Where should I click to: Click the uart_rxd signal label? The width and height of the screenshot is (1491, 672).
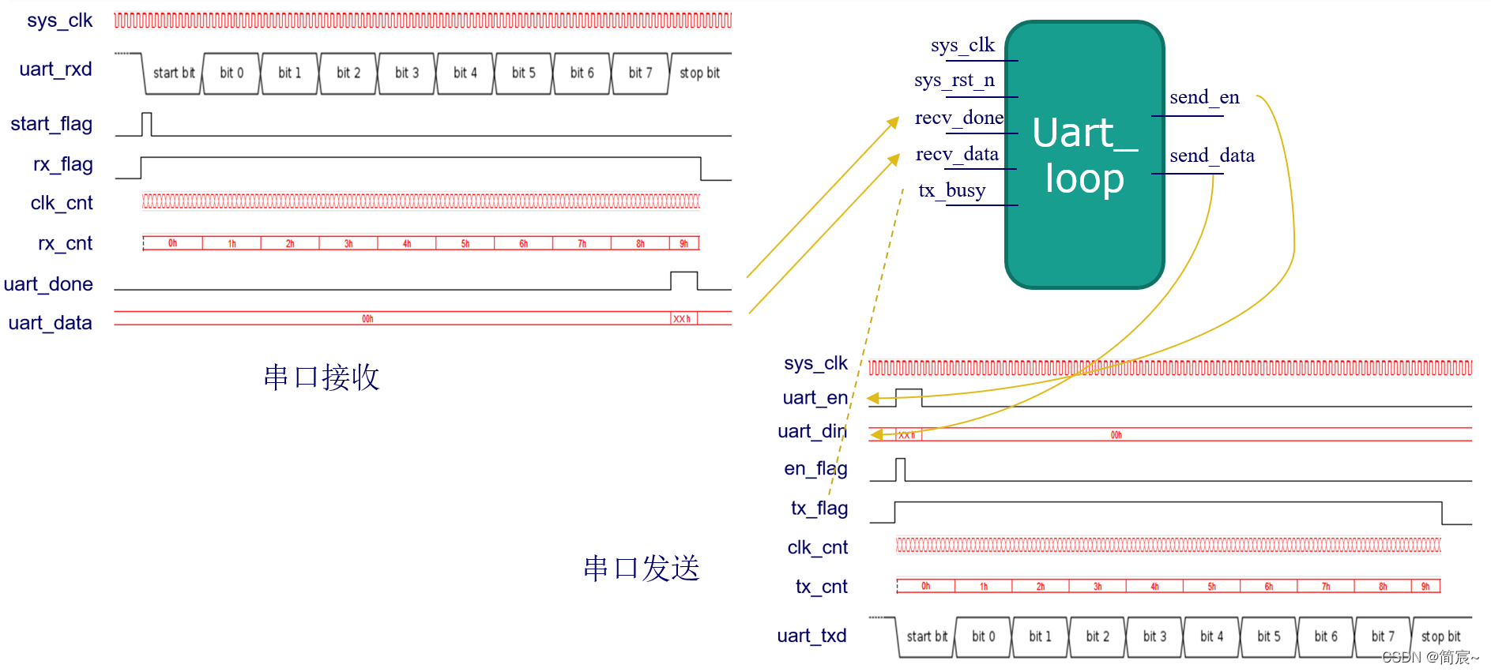pyautogui.click(x=55, y=69)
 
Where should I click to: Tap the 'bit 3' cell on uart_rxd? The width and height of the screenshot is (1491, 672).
pyautogui.click(x=406, y=73)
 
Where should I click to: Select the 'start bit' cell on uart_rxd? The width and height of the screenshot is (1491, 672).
pyautogui.click(x=173, y=73)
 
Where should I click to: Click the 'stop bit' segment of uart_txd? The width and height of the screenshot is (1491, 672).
pyautogui.click(x=1440, y=636)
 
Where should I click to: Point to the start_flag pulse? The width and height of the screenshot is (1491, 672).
pyautogui.click(x=146, y=124)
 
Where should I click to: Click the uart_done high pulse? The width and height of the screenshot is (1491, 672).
pyautogui.click(x=683, y=280)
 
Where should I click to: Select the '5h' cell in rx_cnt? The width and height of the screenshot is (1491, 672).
pyautogui.click(x=465, y=244)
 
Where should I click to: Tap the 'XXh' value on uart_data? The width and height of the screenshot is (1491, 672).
pyautogui.click(x=682, y=319)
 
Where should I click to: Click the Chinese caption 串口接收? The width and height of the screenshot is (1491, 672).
pyautogui.click(x=322, y=377)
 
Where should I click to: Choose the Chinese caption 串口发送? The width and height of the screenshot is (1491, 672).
pyautogui.click(x=642, y=569)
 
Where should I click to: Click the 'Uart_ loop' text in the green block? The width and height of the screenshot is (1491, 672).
pyautogui.click(x=1084, y=156)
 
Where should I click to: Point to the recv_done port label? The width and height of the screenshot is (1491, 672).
pyautogui.click(x=958, y=118)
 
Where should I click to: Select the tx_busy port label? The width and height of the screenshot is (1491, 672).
pyautogui.click(x=951, y=191)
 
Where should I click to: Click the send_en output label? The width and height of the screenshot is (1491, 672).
pyautogui.click(x=1204, y=98)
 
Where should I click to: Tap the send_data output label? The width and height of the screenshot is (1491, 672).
pyautogui.click(x=1211, y=156)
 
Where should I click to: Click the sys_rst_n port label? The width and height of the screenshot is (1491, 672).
pyautogui.click(x=954, y=81)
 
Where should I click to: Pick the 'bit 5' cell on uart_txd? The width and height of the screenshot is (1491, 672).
pyautogui.click(x=1268, y=636)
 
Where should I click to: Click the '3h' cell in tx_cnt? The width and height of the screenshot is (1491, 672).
pyautogui.click(x=1098, y=587)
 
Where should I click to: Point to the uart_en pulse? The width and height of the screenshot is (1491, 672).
pyautogui.click(x=909, y=394)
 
